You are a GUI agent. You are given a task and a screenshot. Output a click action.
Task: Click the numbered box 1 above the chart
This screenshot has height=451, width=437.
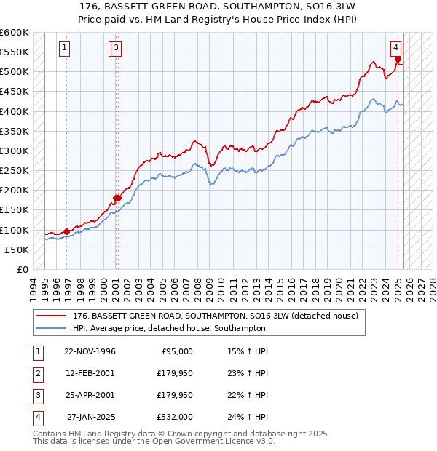(x=65, y=49)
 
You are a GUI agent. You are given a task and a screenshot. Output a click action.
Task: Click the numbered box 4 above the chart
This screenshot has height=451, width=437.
(x=395, y=49)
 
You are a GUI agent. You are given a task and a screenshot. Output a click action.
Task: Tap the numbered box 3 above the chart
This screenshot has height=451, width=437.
(x=117, y=49)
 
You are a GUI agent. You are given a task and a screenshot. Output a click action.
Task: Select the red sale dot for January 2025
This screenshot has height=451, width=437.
(x=398, y=60)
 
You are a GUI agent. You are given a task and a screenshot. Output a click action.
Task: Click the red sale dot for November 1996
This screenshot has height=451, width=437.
(x=67, y=231)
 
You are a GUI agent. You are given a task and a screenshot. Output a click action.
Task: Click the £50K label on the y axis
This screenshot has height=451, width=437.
(x=17, y=250)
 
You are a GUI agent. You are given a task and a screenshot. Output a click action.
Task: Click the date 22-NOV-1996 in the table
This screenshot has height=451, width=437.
(x=90, y=351)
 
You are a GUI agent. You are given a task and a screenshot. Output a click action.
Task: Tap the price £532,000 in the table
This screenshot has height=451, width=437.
(x=176, y=417)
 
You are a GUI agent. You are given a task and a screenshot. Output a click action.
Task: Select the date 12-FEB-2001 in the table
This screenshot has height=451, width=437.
(x=90, y=373)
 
